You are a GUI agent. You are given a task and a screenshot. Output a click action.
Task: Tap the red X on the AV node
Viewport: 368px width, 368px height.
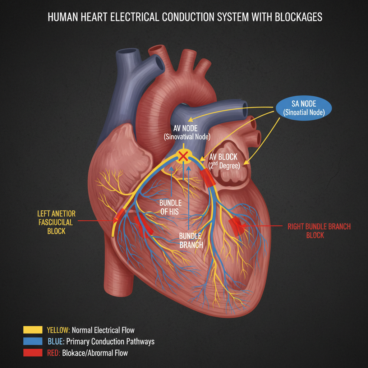tap(183, 156)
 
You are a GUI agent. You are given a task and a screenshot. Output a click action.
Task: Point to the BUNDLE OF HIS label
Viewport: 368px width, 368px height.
tap(171, 207)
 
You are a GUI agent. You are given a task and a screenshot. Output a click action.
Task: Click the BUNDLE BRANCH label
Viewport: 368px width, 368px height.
tap(191, 241)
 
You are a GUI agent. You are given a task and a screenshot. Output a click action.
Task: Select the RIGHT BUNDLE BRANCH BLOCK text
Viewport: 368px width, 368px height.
tap(319, 231)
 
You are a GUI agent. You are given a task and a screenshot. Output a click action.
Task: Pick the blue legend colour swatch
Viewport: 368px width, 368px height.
tap(33, 341)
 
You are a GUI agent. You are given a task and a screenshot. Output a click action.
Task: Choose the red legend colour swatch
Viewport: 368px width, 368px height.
tap(33, 353)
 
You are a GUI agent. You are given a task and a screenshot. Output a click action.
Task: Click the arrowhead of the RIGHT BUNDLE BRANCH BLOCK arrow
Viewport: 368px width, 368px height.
tap(244, 226)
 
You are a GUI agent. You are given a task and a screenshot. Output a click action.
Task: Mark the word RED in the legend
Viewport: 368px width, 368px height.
tap(53, 353)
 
